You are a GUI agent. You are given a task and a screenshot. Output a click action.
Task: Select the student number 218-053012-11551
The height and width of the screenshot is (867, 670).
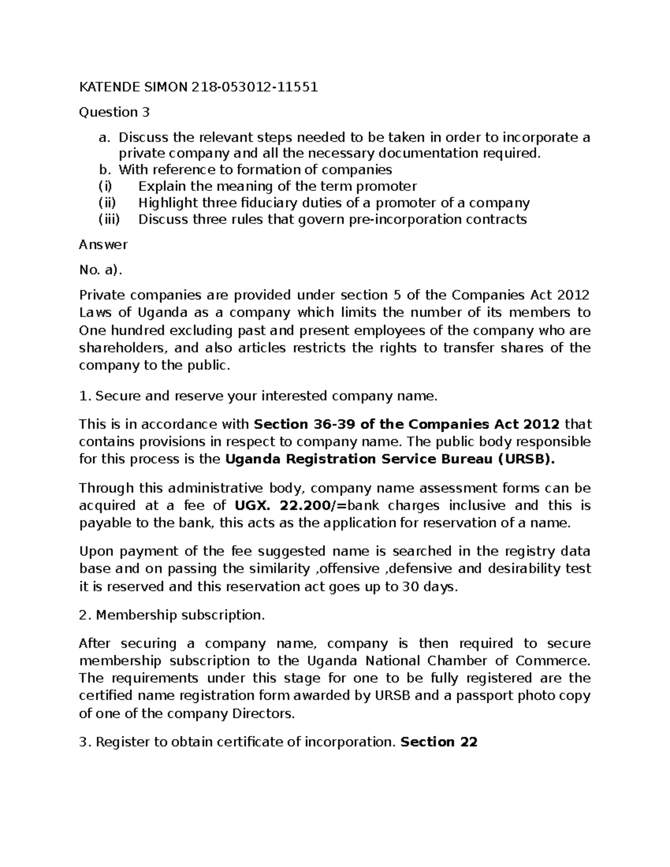[255, 87]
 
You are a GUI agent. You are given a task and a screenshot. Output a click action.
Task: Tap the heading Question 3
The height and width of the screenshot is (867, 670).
[114, 112]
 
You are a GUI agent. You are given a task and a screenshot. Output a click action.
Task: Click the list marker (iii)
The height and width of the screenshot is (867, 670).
[109, 219]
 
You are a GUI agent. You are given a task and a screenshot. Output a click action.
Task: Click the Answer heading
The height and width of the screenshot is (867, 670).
[103, 245]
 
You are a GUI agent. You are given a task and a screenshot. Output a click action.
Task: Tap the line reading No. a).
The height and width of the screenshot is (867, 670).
[100, 270]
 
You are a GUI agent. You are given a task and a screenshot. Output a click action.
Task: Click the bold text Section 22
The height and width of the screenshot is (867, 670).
[439, 742]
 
